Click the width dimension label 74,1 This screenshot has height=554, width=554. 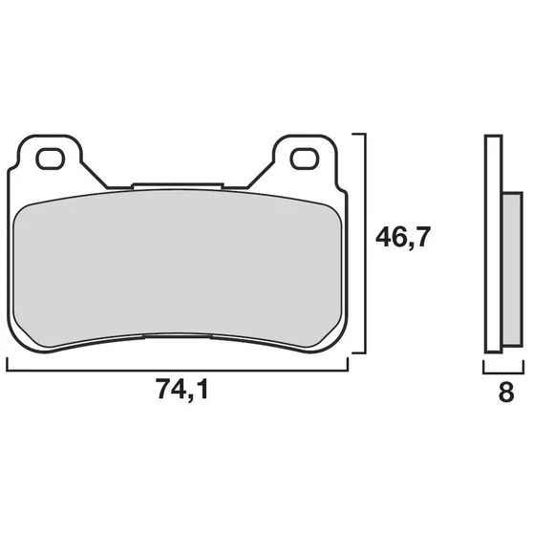(182, 389)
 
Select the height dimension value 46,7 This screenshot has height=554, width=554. (403, 238)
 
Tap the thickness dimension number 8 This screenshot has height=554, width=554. (506, 392)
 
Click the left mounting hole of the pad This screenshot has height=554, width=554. (51, 159)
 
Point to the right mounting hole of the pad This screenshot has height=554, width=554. (305, 159)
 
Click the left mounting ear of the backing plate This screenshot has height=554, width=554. (50, 156)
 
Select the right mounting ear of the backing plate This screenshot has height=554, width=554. (306, 156)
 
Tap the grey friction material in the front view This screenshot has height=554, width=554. (178, 268)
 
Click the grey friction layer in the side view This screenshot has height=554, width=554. (512, 269)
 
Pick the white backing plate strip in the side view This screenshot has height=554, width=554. (494, 244)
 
